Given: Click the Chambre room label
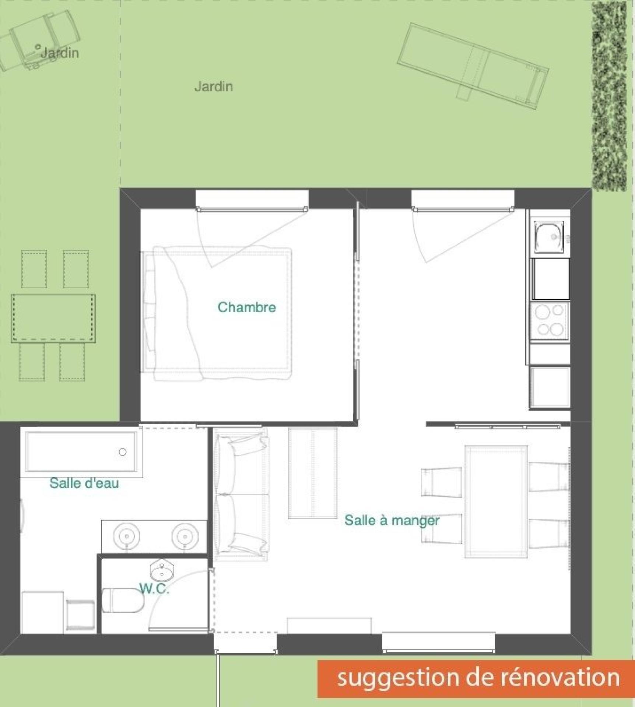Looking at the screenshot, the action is pos(246,307).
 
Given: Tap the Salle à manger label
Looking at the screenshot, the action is pos(392,520).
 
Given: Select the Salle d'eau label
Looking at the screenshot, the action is pos(84,483).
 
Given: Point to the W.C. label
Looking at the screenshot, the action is pos(154,589).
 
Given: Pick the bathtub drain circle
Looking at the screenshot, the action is pos(123,452).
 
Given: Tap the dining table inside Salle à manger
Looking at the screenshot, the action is pos(496,502).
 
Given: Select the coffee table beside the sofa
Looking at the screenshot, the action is pos(313,473).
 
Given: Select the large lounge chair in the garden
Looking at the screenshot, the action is pos(473,67).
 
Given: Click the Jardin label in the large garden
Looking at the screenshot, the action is pos(214,87).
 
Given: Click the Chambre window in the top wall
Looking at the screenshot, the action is pos(252,200).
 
